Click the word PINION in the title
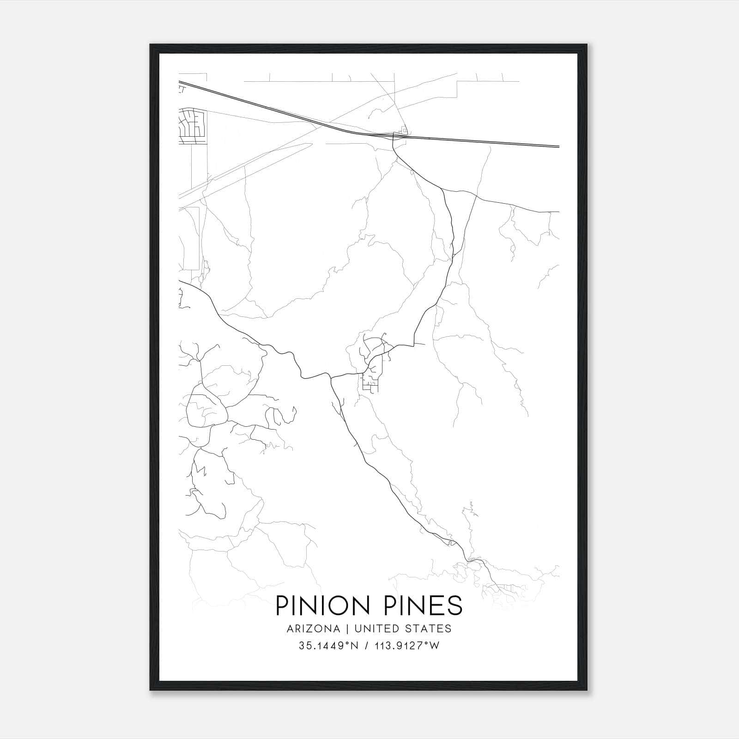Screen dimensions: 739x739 pyautogui.click(x=322, y=606)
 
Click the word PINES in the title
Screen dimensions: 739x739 pyautogui.click(x=422, y=606)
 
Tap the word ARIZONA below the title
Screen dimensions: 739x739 pyautogui.click(x=313, y=629)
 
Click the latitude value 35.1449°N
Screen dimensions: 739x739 pyautogui.click(x=327, y=646)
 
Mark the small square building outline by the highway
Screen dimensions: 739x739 pyautogui.click(x=405, y=130)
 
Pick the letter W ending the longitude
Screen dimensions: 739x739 pyautogui.click(x=434, y=646)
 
